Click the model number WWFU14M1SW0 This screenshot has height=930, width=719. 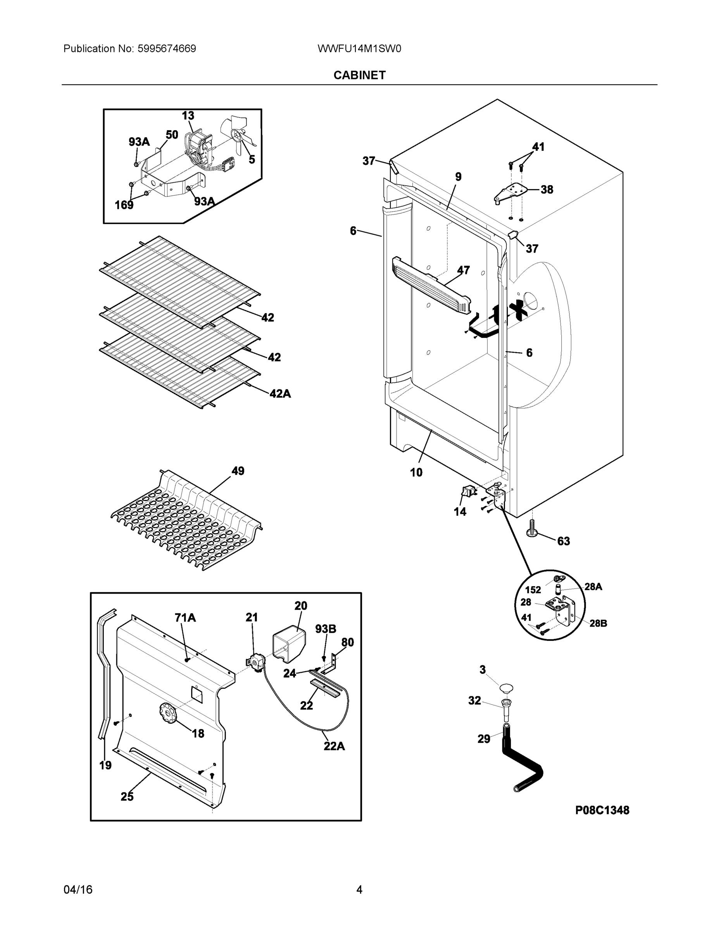pyautogui.click(x=359, y=48)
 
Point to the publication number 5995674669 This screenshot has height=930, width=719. pyautogui.click(x=167, y=48)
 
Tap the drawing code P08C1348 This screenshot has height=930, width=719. pyautogui.click(x=602, y=810)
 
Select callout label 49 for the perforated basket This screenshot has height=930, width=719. pyautogui.click(x=238, y=471)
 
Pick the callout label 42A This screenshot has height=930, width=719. pyautogui.click(x=280, y=393)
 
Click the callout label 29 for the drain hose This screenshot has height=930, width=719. pyautogui.click(x=483, y=739)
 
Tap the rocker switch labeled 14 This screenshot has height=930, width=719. pyautogui.click(x=466, y=492)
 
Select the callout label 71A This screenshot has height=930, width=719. pyautogui.click(x=185, y=617)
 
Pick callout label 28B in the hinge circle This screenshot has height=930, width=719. pyautogui.click(x=598, y=623)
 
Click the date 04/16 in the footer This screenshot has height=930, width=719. pyautogui.click(x=78, y=890)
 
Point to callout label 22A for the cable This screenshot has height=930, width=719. pyautogui.click(x=334, y=746)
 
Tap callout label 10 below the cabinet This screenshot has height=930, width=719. pyautogui.click(x=416, y=472)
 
